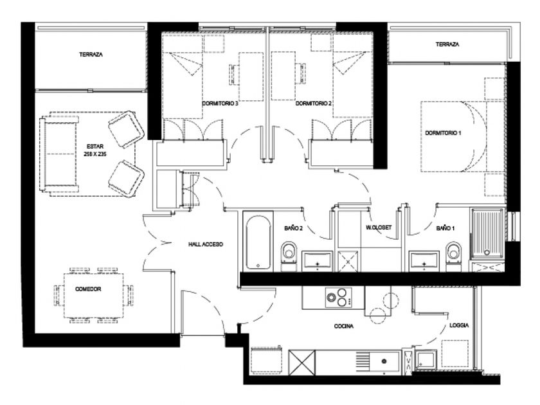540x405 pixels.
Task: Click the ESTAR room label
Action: [94, 147]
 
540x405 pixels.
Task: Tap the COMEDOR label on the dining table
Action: [88, 289]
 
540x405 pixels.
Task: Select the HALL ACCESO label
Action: [206, 244]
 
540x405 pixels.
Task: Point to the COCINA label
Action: [344, 326]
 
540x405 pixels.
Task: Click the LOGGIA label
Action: [459, 325]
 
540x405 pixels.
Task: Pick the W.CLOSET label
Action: [379, 228]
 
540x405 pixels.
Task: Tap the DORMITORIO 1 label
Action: [443, 133]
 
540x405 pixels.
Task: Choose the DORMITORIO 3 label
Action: [220, 104]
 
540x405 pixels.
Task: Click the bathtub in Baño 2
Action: [258, 242]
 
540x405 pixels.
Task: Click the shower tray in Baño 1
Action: [487, 233]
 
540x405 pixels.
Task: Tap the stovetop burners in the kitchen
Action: [339, 297]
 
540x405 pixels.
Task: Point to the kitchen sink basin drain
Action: [384, 361]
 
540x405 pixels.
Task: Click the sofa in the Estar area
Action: [59, 154]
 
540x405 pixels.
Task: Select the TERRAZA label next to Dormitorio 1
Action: [447, 44]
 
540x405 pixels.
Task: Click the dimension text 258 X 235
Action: [94, 154]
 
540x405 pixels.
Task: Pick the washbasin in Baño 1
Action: [424, 262]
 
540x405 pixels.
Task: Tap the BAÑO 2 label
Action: [293, 228]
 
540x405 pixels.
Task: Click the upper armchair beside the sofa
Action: [126, 129]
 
